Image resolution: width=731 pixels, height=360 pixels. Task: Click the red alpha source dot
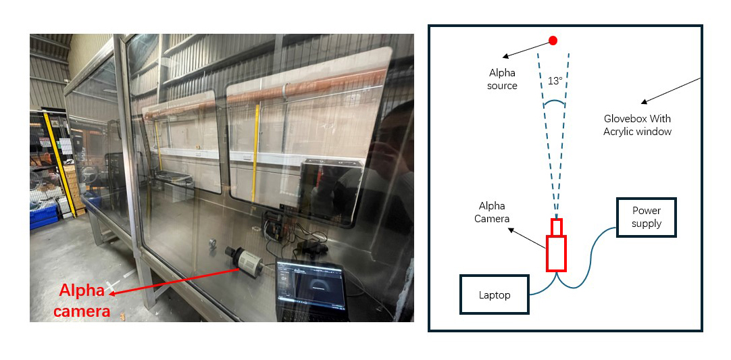(553, 41)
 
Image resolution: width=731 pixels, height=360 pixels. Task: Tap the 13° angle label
(555, 81)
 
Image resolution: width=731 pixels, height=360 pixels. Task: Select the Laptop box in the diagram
(494, 294)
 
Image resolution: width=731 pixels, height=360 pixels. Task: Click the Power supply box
(646, 217)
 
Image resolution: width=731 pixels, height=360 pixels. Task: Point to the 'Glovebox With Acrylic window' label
(637, 125)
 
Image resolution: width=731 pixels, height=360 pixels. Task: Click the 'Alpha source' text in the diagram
(502, 79)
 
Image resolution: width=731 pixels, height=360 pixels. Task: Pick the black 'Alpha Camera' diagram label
(492, 212)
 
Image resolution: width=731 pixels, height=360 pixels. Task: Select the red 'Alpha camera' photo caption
(82, 301)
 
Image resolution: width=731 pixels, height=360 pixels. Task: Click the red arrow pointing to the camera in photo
(176, 280)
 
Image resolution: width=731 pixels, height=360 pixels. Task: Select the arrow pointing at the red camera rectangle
(528, 239)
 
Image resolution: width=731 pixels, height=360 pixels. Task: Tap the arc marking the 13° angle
(555, 103)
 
